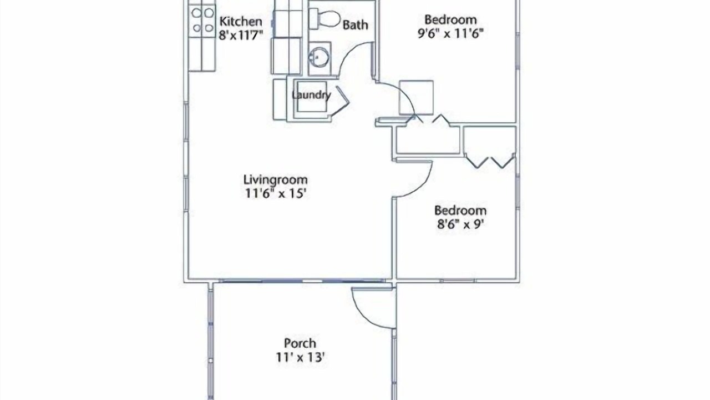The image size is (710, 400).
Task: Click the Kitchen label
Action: [x=241, y=22]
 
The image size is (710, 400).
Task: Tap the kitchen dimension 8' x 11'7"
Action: [x=241, y=35]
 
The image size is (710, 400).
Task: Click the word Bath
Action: [x=356, y=25]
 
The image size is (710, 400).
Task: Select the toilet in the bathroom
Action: [x=325, y=19]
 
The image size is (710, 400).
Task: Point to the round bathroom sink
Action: [x=318, y=57]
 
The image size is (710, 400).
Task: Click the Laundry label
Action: [x=311, y=95]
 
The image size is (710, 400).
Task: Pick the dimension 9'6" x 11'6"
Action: [x=450, y=33]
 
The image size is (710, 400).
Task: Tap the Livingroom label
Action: [x=276, y=179]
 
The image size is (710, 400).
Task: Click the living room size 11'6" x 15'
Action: [x=276, y=193]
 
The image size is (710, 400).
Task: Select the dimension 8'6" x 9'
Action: [x=460, y=224]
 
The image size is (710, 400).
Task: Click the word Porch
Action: [x=300, y=343]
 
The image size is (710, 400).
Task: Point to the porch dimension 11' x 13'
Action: [x=300, y=357]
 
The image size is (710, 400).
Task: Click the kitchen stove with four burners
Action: [x=202, y=21]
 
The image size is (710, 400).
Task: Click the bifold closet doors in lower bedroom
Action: [x=490, y=161]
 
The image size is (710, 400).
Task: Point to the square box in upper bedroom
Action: [x=416, y=97]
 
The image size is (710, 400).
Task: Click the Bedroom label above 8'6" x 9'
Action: [x=460, y=211]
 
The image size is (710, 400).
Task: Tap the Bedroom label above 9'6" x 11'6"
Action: [x=450, y=19]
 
